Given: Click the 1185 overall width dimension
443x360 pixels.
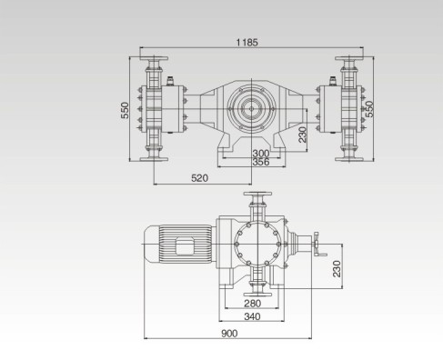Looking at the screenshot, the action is tap(247, 43).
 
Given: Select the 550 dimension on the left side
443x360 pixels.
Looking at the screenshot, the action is tap(125, 110).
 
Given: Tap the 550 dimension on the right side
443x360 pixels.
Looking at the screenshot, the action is tap(369, 109).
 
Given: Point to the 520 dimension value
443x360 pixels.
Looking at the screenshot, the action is tap(200, 178).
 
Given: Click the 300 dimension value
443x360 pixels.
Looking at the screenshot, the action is tap(261, 154).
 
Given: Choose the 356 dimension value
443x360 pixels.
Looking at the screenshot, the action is tap(261, 162).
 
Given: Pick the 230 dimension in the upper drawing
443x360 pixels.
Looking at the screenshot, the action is tap(302, 135).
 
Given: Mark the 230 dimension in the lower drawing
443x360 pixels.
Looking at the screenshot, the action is tap(337, 269).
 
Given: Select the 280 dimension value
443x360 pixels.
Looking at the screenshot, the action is tap(252, 303).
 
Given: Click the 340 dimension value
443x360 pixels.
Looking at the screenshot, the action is tap(252, 316).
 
